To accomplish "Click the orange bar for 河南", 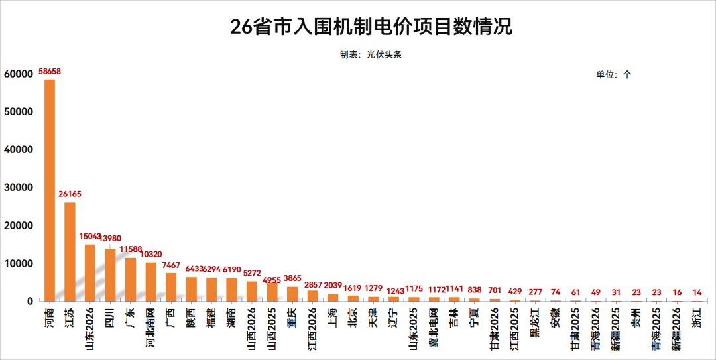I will [50, 190].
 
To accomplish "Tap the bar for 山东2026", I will [90, 272].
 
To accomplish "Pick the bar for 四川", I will [110, 274].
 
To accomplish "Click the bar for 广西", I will [171, 287].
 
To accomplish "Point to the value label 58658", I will [50, 71].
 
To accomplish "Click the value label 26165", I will [70, 194].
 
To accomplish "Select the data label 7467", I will [171, 265].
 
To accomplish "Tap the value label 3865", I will [292, 278].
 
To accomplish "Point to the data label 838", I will [474, 290].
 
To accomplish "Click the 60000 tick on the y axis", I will [19, 74].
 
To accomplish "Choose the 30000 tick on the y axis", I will [19, 188].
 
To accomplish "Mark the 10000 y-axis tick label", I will [19, 264].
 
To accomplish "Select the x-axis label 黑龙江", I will [535, 322].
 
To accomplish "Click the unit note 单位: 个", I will [614, 75].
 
